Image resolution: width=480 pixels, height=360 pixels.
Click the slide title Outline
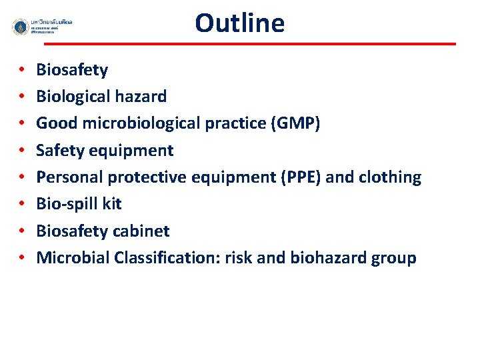239,23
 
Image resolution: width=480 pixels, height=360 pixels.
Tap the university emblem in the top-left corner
21,27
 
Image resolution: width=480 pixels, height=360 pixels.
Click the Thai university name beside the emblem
51,23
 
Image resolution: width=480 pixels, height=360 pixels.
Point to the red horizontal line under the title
250,44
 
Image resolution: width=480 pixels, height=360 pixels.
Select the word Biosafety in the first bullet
72,70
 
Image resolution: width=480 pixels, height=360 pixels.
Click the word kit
111,204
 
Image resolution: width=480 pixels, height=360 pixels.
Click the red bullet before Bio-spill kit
22,205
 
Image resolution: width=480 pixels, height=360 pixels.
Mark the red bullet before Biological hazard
22,97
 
